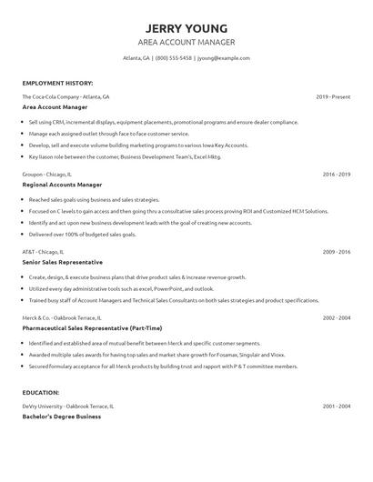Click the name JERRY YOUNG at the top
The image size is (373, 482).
click(x=186, y=27)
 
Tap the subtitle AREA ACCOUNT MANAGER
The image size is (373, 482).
click(x=186, y=42)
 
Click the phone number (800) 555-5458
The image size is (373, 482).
click(x=174, y=57)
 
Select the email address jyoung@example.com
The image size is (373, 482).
click(x=223, y=57)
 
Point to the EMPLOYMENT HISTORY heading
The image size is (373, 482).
click(x=56, y=83)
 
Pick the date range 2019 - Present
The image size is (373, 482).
click(x=333, y=95)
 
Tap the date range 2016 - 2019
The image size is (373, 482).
click(x=337, y=172)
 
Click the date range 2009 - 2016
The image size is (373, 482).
click(x=337, y=250)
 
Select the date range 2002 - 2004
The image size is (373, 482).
click(x=337, y=317)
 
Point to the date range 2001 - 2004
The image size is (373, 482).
click(x=337, y=405)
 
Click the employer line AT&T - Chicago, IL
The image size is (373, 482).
click(x=45, y=250)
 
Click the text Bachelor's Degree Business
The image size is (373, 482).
click(x=61, y=416)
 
